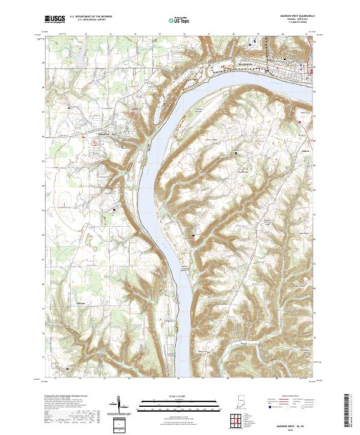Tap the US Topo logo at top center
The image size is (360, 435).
pyautogui.click(x=172, y=20)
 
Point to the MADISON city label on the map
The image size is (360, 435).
pyautogui.click(x=247, y=63)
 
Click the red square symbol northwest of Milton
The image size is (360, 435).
pyautogui.click(x=299, y=122)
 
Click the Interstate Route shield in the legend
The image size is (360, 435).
pyautogui.click(x=269, y=407)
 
